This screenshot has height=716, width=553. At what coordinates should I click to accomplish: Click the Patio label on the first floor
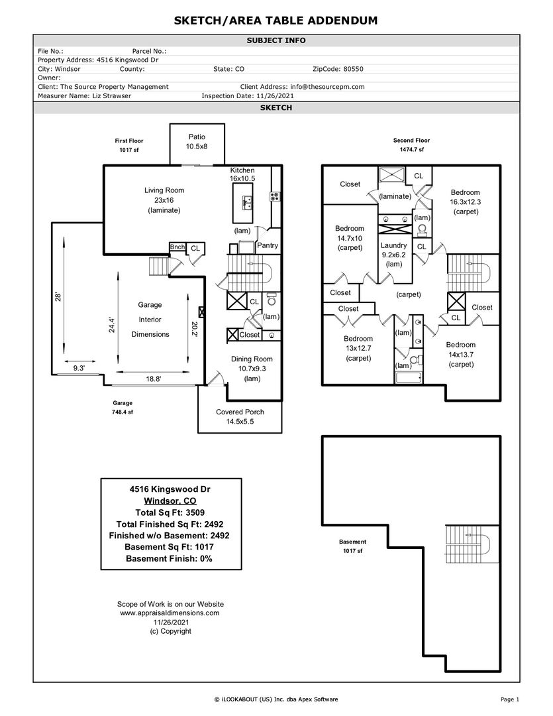click(196, 141)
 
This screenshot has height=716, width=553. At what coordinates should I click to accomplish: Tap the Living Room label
click(164, 200)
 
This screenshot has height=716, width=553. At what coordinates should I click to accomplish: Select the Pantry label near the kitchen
click(268, 245)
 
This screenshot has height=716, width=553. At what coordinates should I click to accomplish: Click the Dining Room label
click(251, 369)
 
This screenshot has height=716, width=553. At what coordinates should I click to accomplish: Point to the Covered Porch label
click(240, 416)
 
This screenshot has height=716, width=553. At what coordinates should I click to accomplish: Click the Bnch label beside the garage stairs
click(177, 247)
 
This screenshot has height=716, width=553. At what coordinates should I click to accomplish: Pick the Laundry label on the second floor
click(393, 254)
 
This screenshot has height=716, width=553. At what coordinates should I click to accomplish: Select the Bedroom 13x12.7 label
click(358, 348)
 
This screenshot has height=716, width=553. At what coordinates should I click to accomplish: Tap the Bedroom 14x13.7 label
click(460, 354)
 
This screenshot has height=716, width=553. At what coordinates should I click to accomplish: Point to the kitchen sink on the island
click(247, 202)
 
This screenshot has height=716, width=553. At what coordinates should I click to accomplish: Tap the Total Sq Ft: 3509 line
click(170, 512)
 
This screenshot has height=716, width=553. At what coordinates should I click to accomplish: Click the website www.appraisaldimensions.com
click(170, 613)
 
